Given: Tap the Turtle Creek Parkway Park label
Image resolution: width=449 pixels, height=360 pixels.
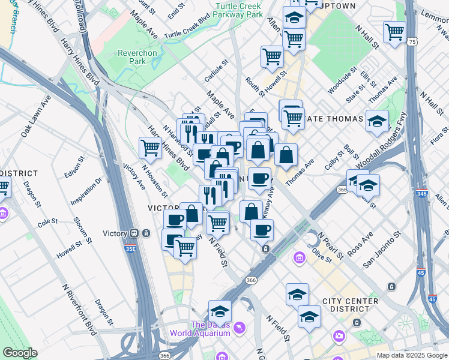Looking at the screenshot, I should pyautogui.click(x=238, y=9).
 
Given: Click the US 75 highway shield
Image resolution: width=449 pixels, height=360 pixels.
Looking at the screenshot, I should pyautogui.click(x=411, y=41).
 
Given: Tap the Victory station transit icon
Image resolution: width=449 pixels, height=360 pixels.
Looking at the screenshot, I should pyautogui.click(x=135, y=233).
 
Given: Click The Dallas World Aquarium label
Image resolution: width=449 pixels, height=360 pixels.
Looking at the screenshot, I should pyautogui.click(x=200, y=328).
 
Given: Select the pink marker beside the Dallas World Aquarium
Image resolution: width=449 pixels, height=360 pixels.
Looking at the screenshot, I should pyautogui.click(x=240, y=328).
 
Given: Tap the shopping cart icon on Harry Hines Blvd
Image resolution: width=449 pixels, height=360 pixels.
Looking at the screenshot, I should pyautogui.click(x=150, y=147).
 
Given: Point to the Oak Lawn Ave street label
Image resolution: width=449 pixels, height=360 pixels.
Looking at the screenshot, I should pyautogui.click(x=34, y=122).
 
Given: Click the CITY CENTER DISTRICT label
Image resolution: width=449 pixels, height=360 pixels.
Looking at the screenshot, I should pyautogui.click(x=351, y=305).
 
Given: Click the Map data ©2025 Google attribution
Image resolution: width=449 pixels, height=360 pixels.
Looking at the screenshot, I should pyautogui.click(x=412, y=355).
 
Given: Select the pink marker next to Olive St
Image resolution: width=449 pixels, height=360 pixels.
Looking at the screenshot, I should pyautogui.click(x=298, y=258).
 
